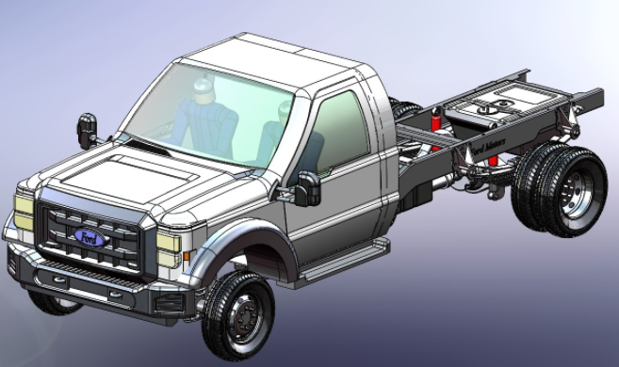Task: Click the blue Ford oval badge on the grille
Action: point(90,237)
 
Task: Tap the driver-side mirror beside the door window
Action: point(307,189)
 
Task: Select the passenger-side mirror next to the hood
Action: point(87,130)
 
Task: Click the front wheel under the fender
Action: point(237,315)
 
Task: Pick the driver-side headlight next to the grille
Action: point(169,242)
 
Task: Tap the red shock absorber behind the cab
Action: point(436,120)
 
